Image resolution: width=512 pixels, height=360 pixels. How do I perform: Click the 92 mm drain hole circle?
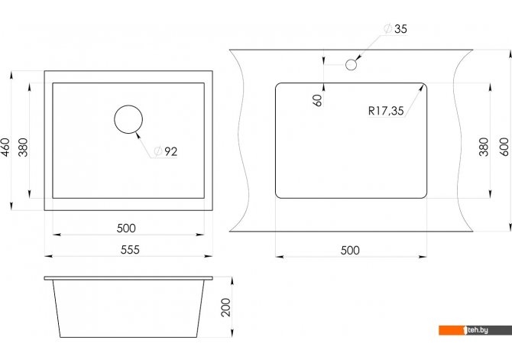coord(128,119)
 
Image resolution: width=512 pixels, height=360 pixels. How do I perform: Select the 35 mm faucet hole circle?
coord(351,65)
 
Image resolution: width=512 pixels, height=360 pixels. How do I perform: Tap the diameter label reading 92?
coord(166,151)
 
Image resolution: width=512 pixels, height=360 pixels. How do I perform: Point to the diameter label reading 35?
coord(396,29)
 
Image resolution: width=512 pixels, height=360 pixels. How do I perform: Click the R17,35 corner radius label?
coord(386,111)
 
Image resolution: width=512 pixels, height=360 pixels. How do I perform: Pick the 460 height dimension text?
coord(5,148)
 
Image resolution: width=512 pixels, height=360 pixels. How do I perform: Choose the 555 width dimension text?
coord(130,250)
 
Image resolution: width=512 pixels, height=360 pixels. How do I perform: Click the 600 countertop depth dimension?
coord(504,147)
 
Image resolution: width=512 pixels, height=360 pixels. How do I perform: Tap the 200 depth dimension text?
coord(225,307)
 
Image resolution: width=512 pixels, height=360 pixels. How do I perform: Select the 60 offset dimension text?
coord(317,100)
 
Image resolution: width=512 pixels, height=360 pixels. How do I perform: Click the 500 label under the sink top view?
coord(126,228)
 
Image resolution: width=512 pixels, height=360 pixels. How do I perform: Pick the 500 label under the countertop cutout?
coord(350,250)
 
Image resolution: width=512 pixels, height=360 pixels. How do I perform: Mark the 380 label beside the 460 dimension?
coord(23,148)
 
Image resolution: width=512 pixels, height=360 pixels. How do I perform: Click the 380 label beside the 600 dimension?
coord(484,147)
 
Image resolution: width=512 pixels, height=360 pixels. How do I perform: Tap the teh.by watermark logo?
coord(475,330)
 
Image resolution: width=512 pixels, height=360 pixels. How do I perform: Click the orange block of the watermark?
coord(452,330)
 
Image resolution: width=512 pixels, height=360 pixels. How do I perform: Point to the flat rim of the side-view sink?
coord(128,278)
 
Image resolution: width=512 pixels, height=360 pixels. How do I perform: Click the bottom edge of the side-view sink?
coord(128,337)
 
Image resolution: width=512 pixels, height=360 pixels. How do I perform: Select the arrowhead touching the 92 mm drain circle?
coord(138,135)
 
